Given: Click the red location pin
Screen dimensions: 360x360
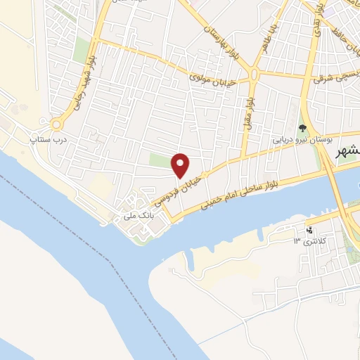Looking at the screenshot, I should (x=181, y=165).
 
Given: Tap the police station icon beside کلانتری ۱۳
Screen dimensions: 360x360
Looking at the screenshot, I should (x=308, y=229).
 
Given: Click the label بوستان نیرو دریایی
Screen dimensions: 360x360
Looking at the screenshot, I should (x=302, y=141).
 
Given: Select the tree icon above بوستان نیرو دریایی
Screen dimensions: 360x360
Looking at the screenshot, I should (x=302, y=129).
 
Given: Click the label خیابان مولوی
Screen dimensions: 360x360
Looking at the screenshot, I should (x=212, y=79).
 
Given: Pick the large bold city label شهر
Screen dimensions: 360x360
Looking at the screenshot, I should (x=347, y=152).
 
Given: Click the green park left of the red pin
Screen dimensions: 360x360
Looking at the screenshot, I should (x=161, y=161).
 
